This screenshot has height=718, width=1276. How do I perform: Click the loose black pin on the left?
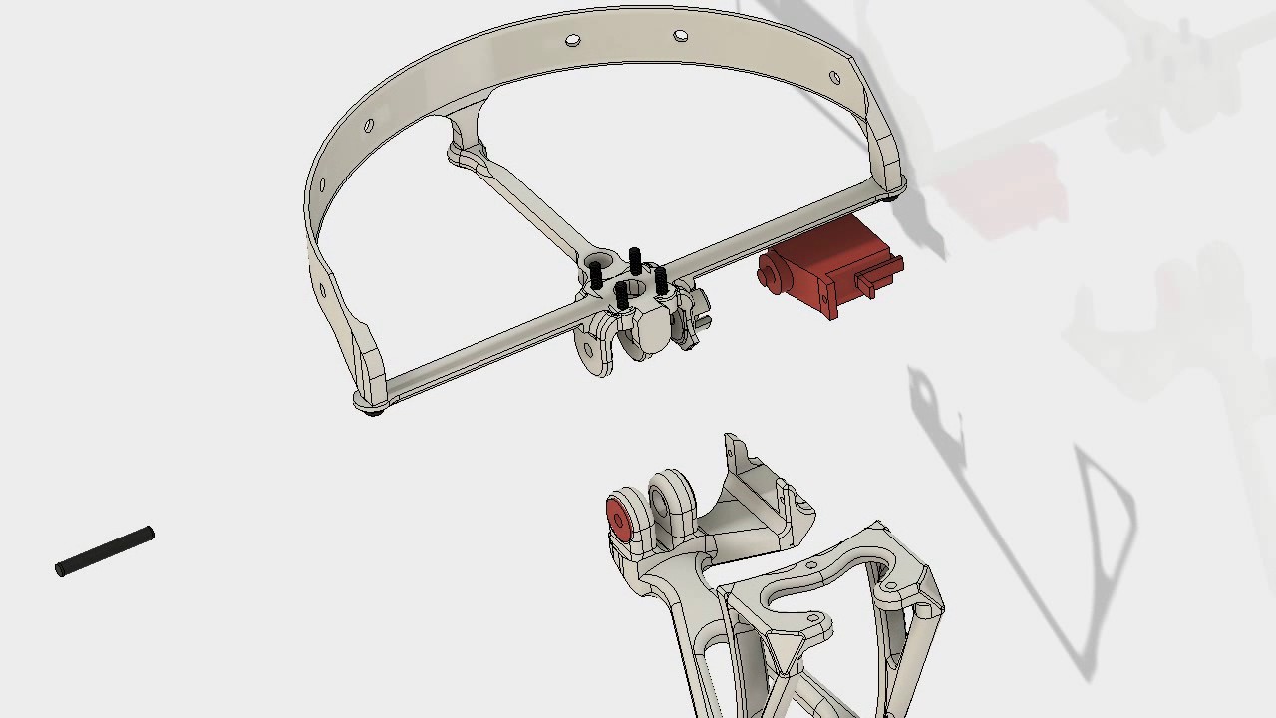pyautogui.click(x=105, y=551)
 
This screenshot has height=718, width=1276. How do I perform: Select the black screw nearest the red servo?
pyautogui.click(x=660, y=280)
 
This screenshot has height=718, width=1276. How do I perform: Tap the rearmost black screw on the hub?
pyautogui.click(x=635, y=261)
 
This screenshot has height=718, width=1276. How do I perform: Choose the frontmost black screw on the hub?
pyautogui.click(x=621, y=294)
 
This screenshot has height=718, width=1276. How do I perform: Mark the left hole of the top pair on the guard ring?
pyautogui.click(x=573, y=41)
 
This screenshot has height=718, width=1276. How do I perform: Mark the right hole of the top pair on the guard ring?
pyautogui.click(x=681, y=36)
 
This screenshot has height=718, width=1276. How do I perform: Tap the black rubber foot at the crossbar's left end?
pyautogui.click(x=374, y=410)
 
